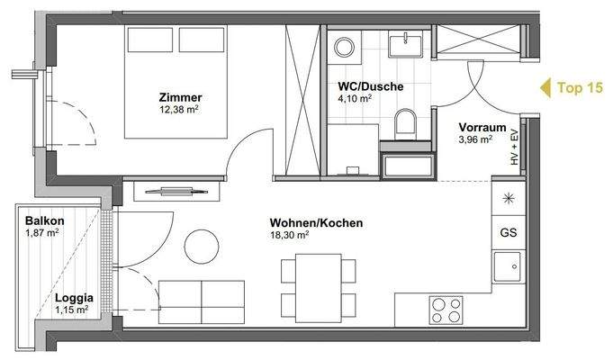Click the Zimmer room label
click(180, 97)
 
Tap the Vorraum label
click(481, 127)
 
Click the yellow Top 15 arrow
click(545, 87)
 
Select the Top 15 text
click(581, 87)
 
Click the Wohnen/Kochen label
click(303, 222)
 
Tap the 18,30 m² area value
click(290, 235)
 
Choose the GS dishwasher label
click(508, 232)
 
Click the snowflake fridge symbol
click(508, 199)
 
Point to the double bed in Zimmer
click(176, 81)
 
